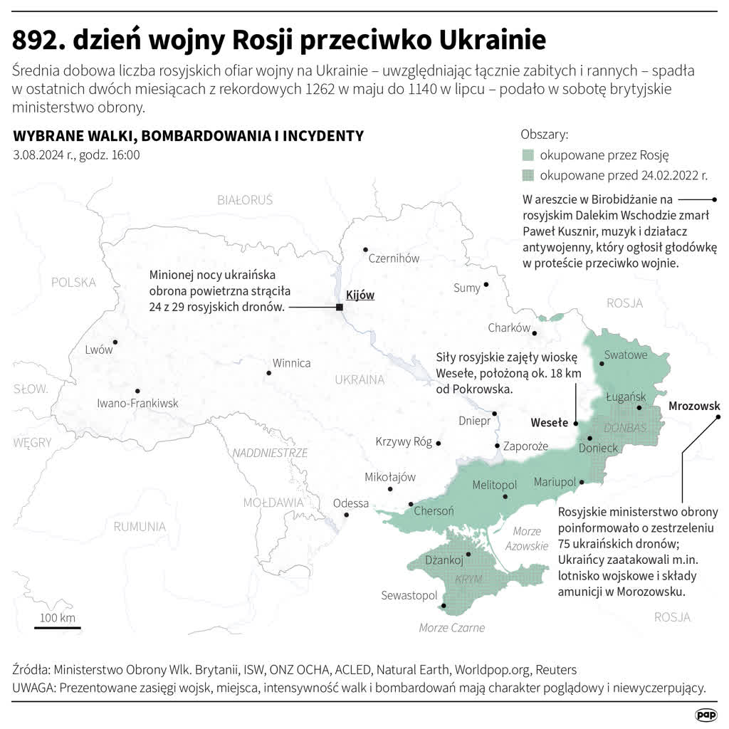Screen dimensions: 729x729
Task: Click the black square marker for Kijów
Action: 340,307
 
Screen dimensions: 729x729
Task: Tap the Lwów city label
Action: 98,350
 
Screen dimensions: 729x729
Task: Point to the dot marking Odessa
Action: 346,515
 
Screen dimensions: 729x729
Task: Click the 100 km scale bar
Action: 57,627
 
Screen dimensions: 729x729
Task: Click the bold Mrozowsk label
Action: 693,407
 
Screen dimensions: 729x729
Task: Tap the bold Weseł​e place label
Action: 550,422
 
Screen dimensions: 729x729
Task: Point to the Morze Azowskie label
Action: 527,539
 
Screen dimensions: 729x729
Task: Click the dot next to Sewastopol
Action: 444,607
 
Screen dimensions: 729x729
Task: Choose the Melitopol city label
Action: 494,485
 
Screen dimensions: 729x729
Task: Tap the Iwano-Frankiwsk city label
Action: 137,404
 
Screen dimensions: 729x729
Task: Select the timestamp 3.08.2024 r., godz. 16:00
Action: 76,155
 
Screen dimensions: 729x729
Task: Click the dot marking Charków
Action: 535,333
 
